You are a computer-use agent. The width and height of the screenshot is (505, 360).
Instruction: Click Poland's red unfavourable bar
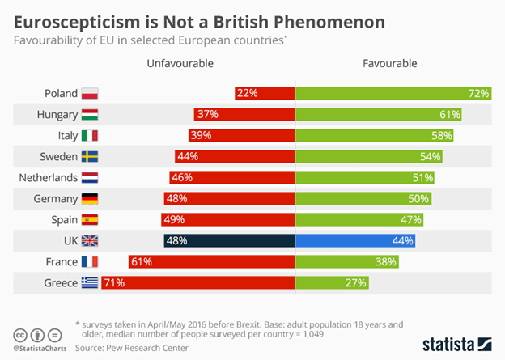pyautogui.click(x=265, y=93)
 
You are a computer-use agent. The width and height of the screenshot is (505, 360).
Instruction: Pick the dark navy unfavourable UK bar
pyautogui.click(x=229, y=240)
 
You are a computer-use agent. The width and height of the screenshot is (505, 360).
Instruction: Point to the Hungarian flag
pyautogui.click(x=90, y=114)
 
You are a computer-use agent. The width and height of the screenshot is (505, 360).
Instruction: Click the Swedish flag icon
pyautogui.click(x=90, y=156)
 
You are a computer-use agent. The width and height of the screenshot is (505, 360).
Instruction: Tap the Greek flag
pyautogui.click(x=90, y=282)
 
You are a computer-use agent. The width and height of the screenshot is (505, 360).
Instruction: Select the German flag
pyautogui.click(x=90, y=198)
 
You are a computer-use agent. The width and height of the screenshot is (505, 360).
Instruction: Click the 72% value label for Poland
pyautogui.click(x=478, y=93)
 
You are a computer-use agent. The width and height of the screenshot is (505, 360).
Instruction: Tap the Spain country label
pyautogui.click(x=63, y=219)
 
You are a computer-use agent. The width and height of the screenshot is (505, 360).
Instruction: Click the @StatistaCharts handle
pyautogui.click(x=40, y=348)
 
